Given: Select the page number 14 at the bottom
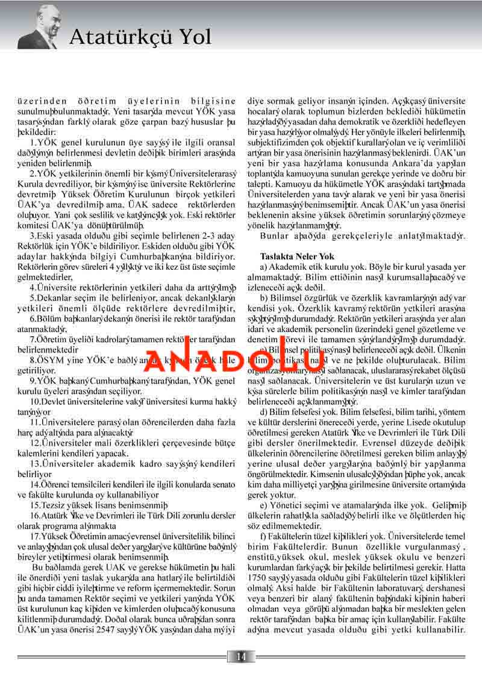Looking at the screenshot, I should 241,656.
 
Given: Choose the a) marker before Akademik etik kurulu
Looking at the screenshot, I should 264,266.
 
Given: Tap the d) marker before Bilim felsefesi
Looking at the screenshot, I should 264,410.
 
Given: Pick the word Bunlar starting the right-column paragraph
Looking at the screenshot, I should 274,236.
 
